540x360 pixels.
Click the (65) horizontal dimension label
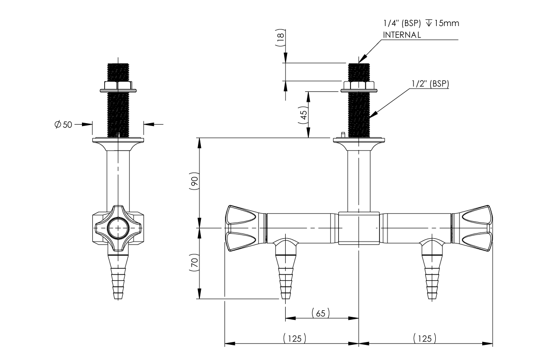click(321, 313)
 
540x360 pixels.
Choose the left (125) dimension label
click(294, 338)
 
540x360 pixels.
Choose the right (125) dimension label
click(424, 338)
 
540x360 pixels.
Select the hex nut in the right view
click(359, 86)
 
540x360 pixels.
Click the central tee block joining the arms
click(359, 228)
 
